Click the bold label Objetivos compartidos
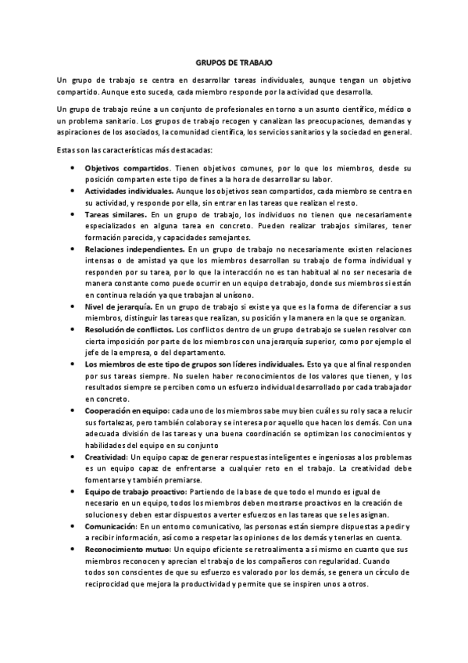[127, 168]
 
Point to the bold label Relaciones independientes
[134, 248]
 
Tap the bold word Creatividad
[106, 456]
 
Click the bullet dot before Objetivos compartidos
[73, 168]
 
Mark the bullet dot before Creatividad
[73, 456]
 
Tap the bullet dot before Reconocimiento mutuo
[73, 551]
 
